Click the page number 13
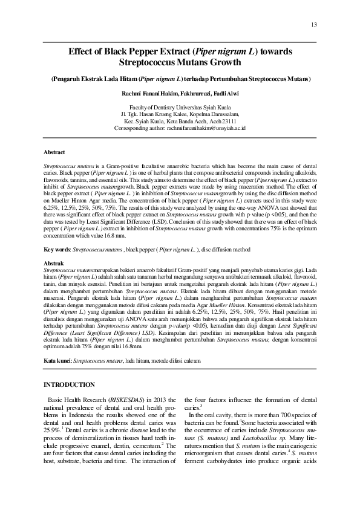pyautogui.click(x=313, y=24)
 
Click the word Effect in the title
pyautogui.click(x=83, y=53)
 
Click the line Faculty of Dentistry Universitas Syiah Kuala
pyautogui.click(x=180, y=106)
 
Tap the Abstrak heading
pyautogui.click(x=55, y=264)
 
